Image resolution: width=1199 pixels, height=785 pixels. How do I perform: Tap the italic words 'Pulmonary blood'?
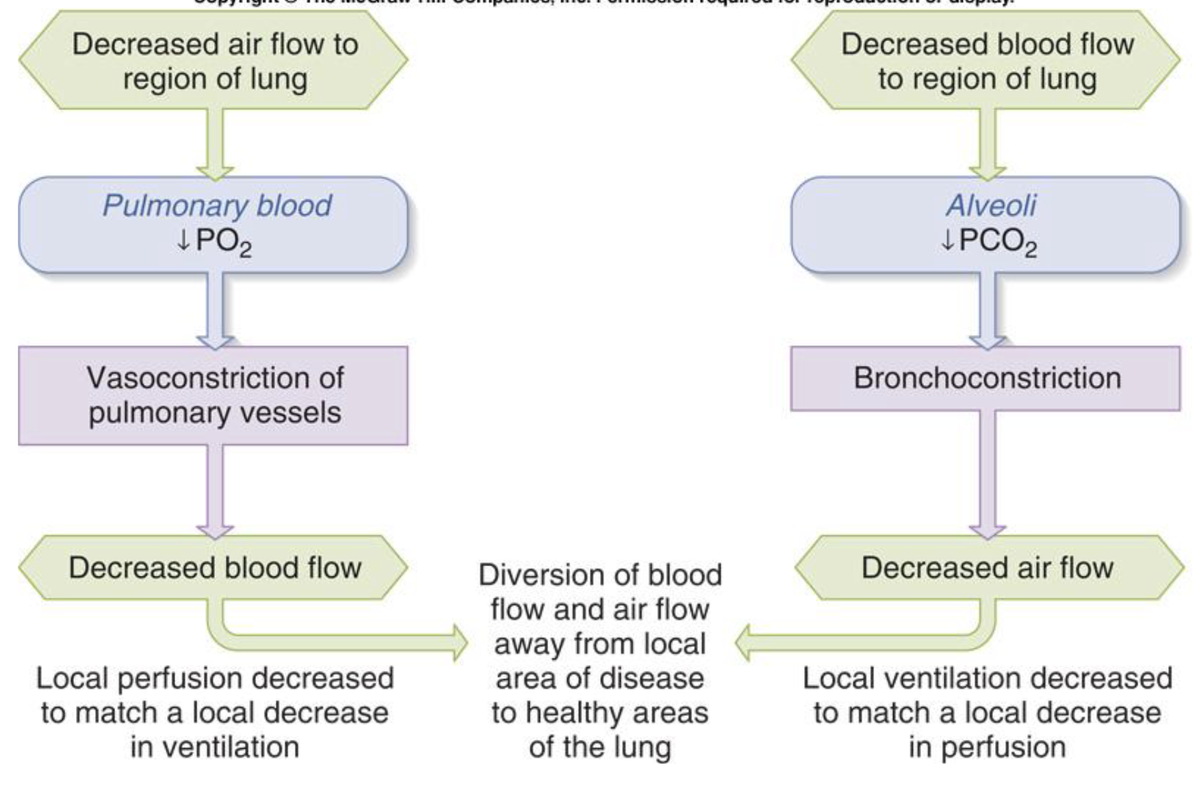click(x=216, y=205)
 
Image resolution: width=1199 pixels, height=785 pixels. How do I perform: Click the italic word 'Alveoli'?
click(x=991, y=205)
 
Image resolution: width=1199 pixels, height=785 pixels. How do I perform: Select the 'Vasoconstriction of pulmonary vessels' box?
click(x=214, y=395)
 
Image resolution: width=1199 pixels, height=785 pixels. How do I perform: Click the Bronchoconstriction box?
click(x=985, y=378)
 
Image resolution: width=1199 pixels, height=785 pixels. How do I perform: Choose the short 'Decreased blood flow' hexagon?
click(x=214, y=568)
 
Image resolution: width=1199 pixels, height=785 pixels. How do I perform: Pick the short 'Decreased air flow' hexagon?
click(x=988, y=568)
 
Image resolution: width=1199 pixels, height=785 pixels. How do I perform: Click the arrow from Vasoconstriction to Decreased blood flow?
click(x=215, y=489)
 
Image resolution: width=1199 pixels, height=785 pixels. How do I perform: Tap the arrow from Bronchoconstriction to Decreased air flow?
click(x=987, y=472)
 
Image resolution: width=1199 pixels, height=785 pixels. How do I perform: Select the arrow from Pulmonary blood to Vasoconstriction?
click(x=215, y=308)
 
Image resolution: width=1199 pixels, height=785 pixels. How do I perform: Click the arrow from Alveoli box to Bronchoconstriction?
click(x=987, y=308)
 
